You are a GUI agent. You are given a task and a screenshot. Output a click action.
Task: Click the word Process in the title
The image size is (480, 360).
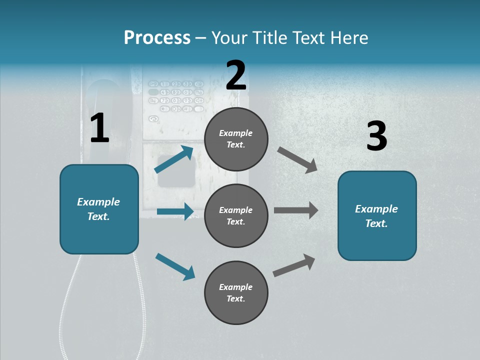157,38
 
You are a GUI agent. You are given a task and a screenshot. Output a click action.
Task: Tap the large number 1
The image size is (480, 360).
99,128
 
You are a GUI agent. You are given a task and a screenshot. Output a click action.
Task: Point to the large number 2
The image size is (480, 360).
236,75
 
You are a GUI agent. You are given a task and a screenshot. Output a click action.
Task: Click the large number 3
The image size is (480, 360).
376,136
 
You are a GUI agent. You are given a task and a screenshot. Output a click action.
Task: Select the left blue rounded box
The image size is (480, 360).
99,209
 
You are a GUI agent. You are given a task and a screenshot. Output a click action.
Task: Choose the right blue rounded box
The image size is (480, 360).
377,215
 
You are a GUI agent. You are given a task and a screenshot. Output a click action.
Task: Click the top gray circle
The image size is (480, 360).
236,139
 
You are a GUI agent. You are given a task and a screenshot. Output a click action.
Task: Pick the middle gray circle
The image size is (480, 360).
236,215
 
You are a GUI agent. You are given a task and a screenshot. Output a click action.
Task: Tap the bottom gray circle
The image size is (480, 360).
236,292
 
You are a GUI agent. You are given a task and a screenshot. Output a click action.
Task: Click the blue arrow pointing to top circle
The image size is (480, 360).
174,159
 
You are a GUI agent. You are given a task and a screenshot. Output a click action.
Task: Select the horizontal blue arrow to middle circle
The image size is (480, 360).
175,211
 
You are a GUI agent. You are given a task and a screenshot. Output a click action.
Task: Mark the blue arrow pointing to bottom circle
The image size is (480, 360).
175,266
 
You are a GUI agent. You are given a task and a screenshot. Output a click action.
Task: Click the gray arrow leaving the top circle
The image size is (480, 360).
297,159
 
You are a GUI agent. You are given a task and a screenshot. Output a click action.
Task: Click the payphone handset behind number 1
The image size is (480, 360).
102,100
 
